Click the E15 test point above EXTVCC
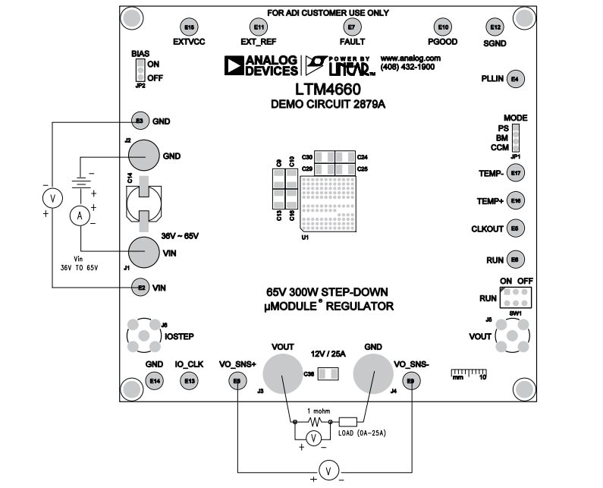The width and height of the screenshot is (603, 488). pyautogui.click(x=190, y=27)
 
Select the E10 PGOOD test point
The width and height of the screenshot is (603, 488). pyautogui.click(x=443, y=27)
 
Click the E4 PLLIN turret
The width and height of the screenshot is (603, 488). pyautogui.click(x=515, y=78)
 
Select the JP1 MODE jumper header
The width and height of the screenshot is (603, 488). pyautogui.click(x=515, y=138)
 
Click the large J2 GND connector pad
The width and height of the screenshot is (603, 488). pyautogui.click(x=143, y=156)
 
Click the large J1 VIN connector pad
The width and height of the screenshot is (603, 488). pyautogui.click(x=143, y=251)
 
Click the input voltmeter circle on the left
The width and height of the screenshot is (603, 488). pyautogui.click(x=52, y=199)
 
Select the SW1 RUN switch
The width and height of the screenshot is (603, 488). pyautogui.click(x=515, y=296)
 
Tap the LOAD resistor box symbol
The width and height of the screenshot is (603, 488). pyautogui.click(x=348, y=421)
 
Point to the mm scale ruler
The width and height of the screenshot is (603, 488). pyautogui.click(x=468, y=373)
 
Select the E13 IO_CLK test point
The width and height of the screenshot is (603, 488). pyautogui.click(x=189, y=380)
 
